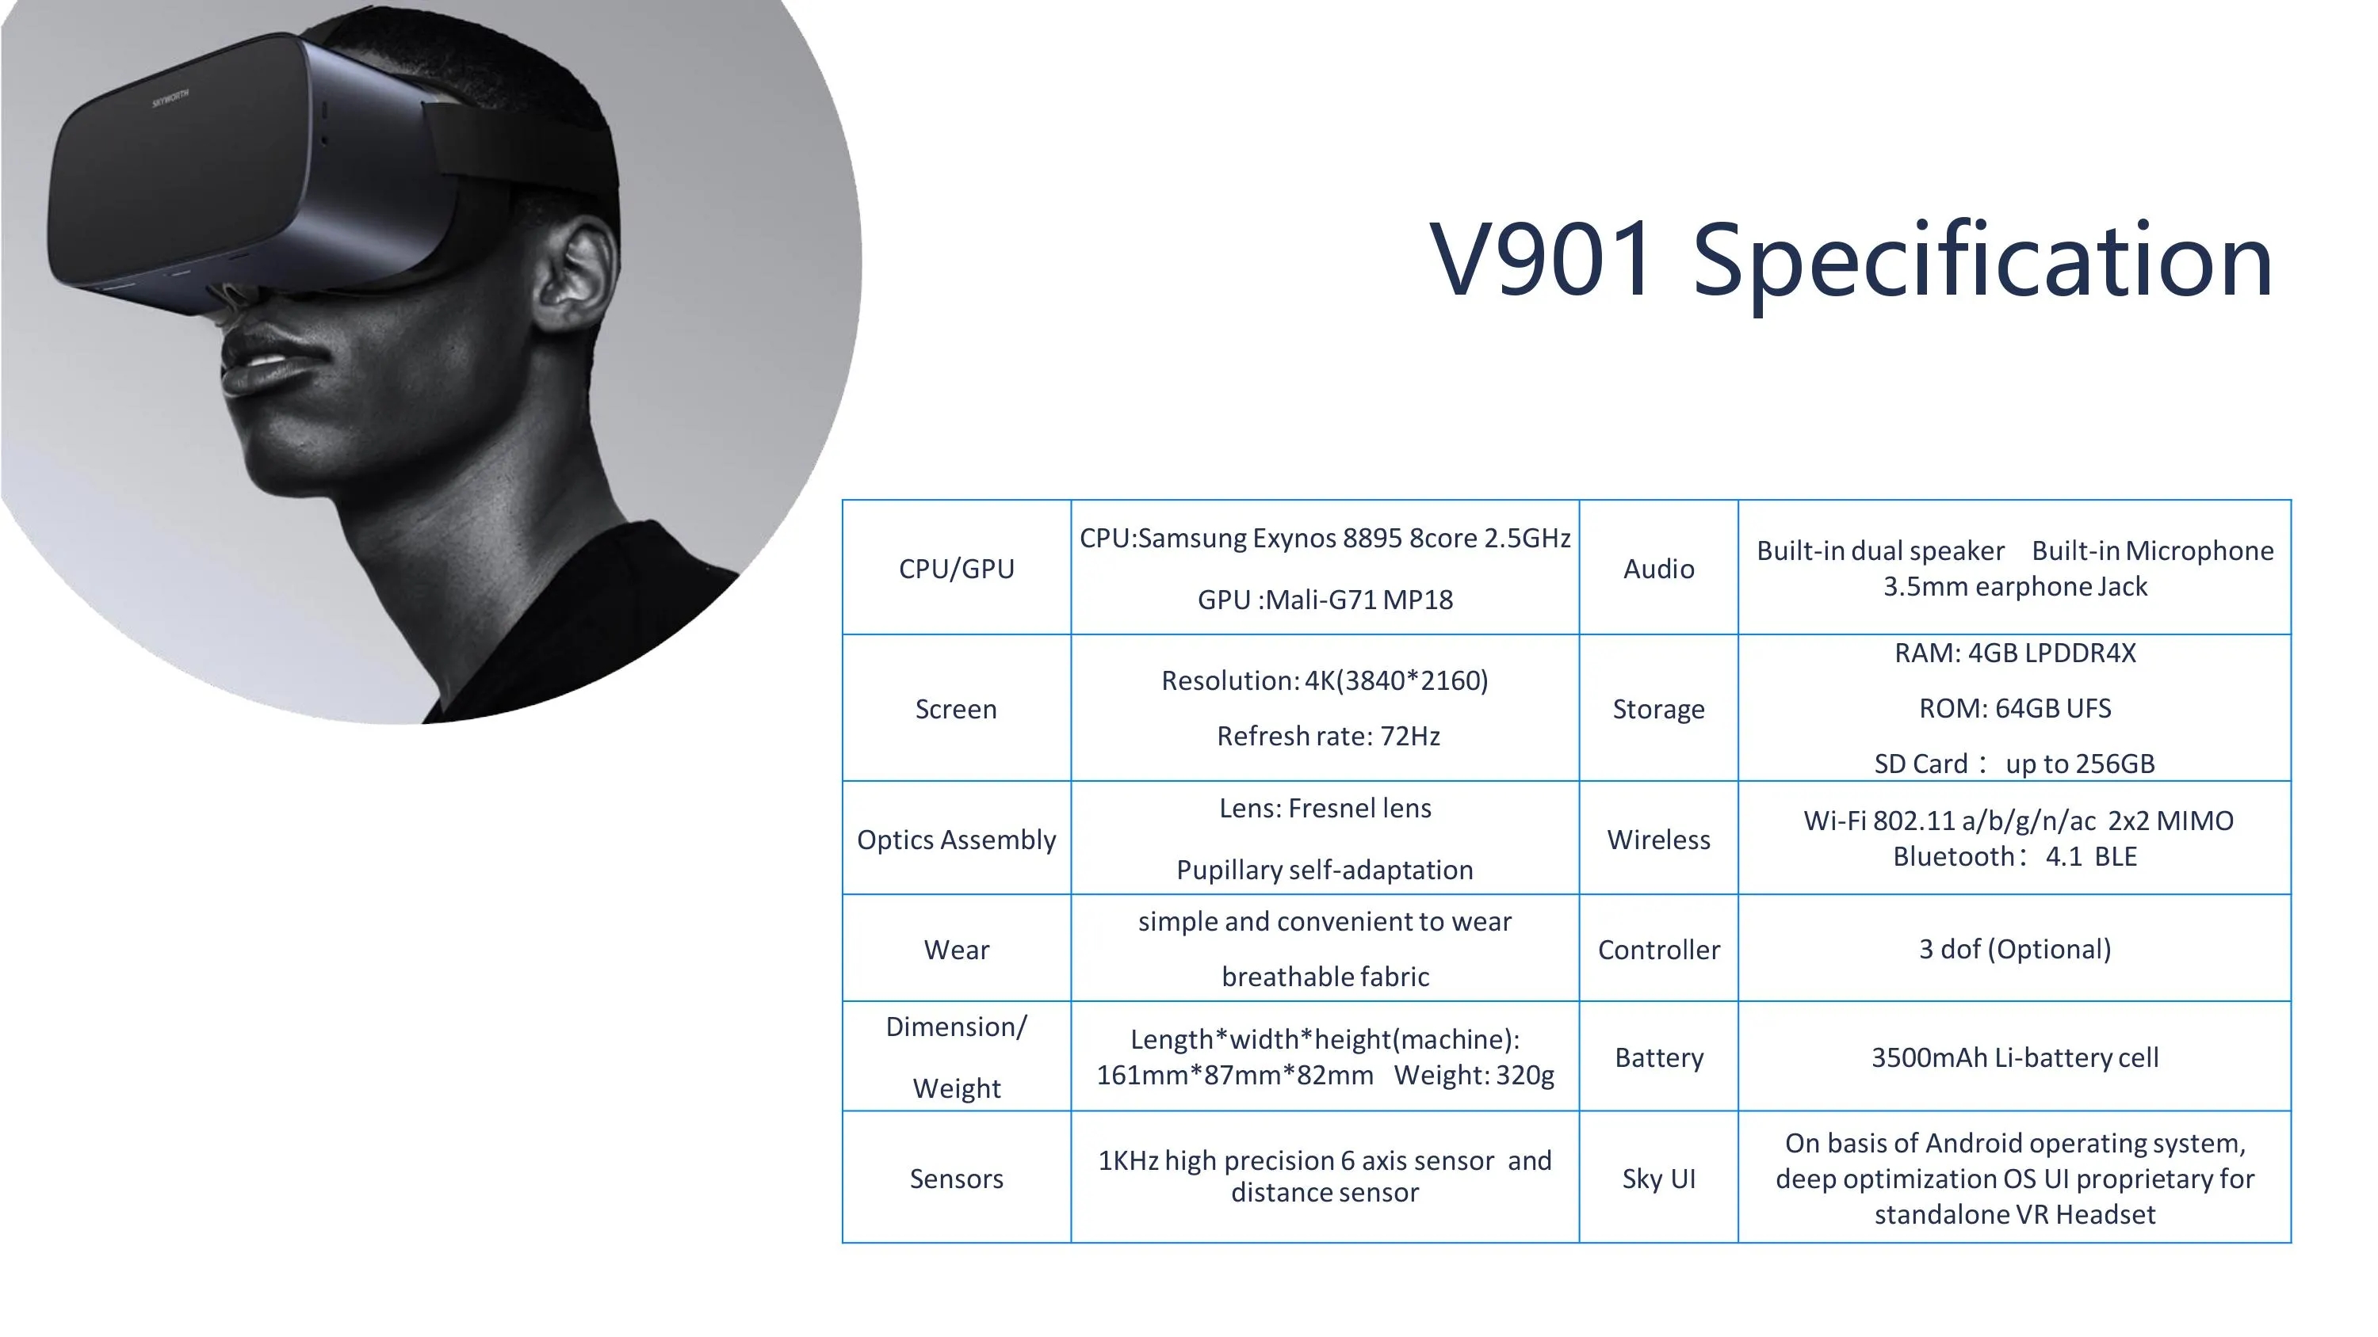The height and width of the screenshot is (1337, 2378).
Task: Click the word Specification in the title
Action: [1982, 263]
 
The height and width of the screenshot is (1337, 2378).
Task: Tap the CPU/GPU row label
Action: [957, 569]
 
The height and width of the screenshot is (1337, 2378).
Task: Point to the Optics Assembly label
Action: [957, 840]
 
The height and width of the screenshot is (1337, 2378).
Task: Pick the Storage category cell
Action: [1659, 709]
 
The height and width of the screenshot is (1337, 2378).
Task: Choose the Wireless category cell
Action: [1659, 840]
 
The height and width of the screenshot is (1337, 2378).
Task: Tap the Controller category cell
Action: [1659, 950]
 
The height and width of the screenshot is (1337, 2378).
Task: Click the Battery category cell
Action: [1659, 1057]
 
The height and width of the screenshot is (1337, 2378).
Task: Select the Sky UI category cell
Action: [1659, 1179]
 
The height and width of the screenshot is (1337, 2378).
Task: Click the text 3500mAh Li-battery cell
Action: [2015, 1057]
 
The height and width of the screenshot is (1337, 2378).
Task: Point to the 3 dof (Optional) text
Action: [2015, 950]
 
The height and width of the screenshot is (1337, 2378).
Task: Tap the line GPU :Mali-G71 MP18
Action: [1325, 600]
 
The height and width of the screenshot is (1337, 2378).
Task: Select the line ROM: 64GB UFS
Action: [2015, 708]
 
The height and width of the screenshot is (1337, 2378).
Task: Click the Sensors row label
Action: [957, 1179]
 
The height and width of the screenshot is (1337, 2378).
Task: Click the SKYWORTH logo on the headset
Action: [170, 97]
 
